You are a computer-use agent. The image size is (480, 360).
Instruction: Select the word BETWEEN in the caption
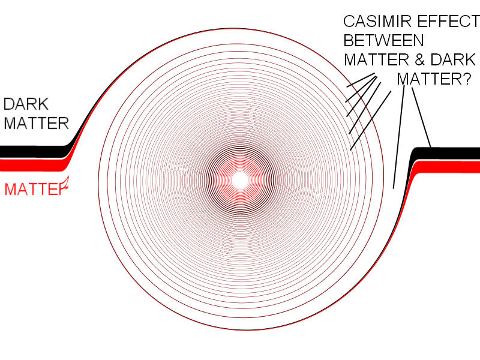pyautogui.click(x=383, y=41)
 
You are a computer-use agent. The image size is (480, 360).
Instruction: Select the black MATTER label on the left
pyautogui.click(x=36, y=124)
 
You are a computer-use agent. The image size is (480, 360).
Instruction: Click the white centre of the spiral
pyautogui.click(x=240, y=179)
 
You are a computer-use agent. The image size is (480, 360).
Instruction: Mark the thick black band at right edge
pyautogui.click(x=456, y=153)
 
